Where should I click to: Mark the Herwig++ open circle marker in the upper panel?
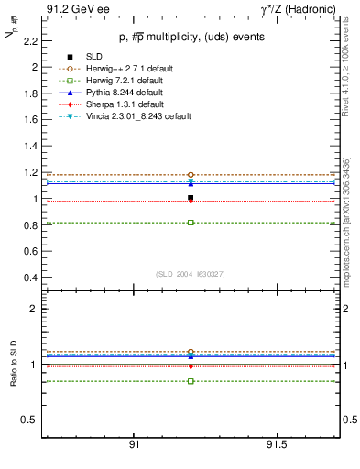191,174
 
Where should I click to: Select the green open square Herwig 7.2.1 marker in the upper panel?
191,223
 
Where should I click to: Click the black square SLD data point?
191,198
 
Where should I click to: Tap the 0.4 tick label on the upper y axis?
31,278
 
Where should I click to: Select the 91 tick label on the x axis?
134,443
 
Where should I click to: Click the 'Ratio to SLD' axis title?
15,364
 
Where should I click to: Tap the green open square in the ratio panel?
191,381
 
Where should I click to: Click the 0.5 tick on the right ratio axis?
347,420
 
